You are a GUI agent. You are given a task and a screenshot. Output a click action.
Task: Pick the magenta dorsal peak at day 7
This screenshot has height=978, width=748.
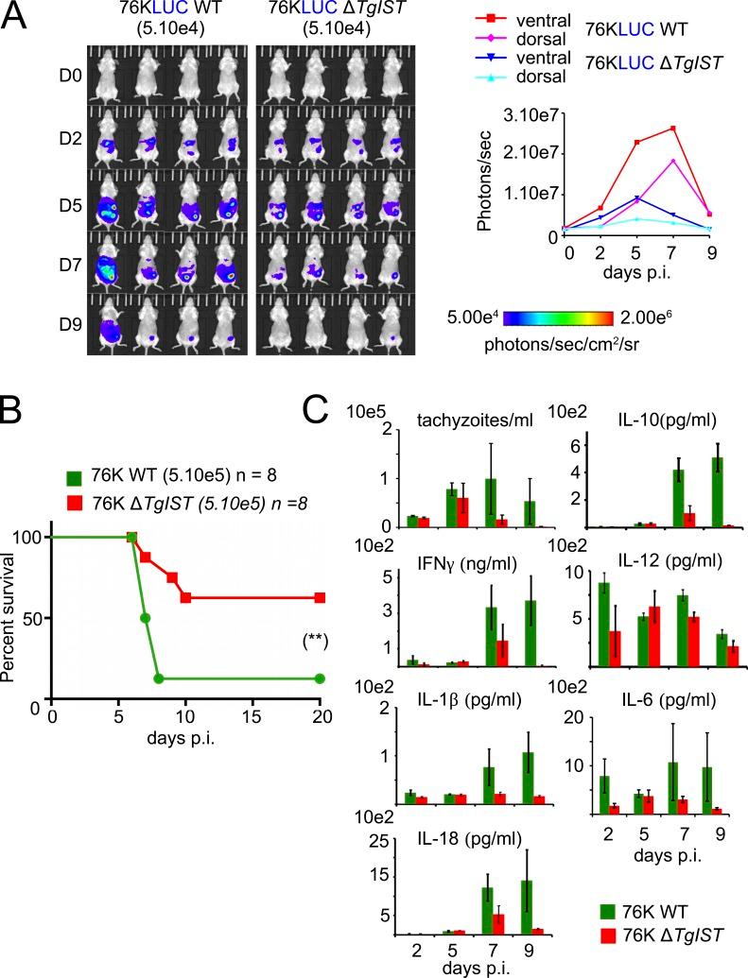click(672, 161)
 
